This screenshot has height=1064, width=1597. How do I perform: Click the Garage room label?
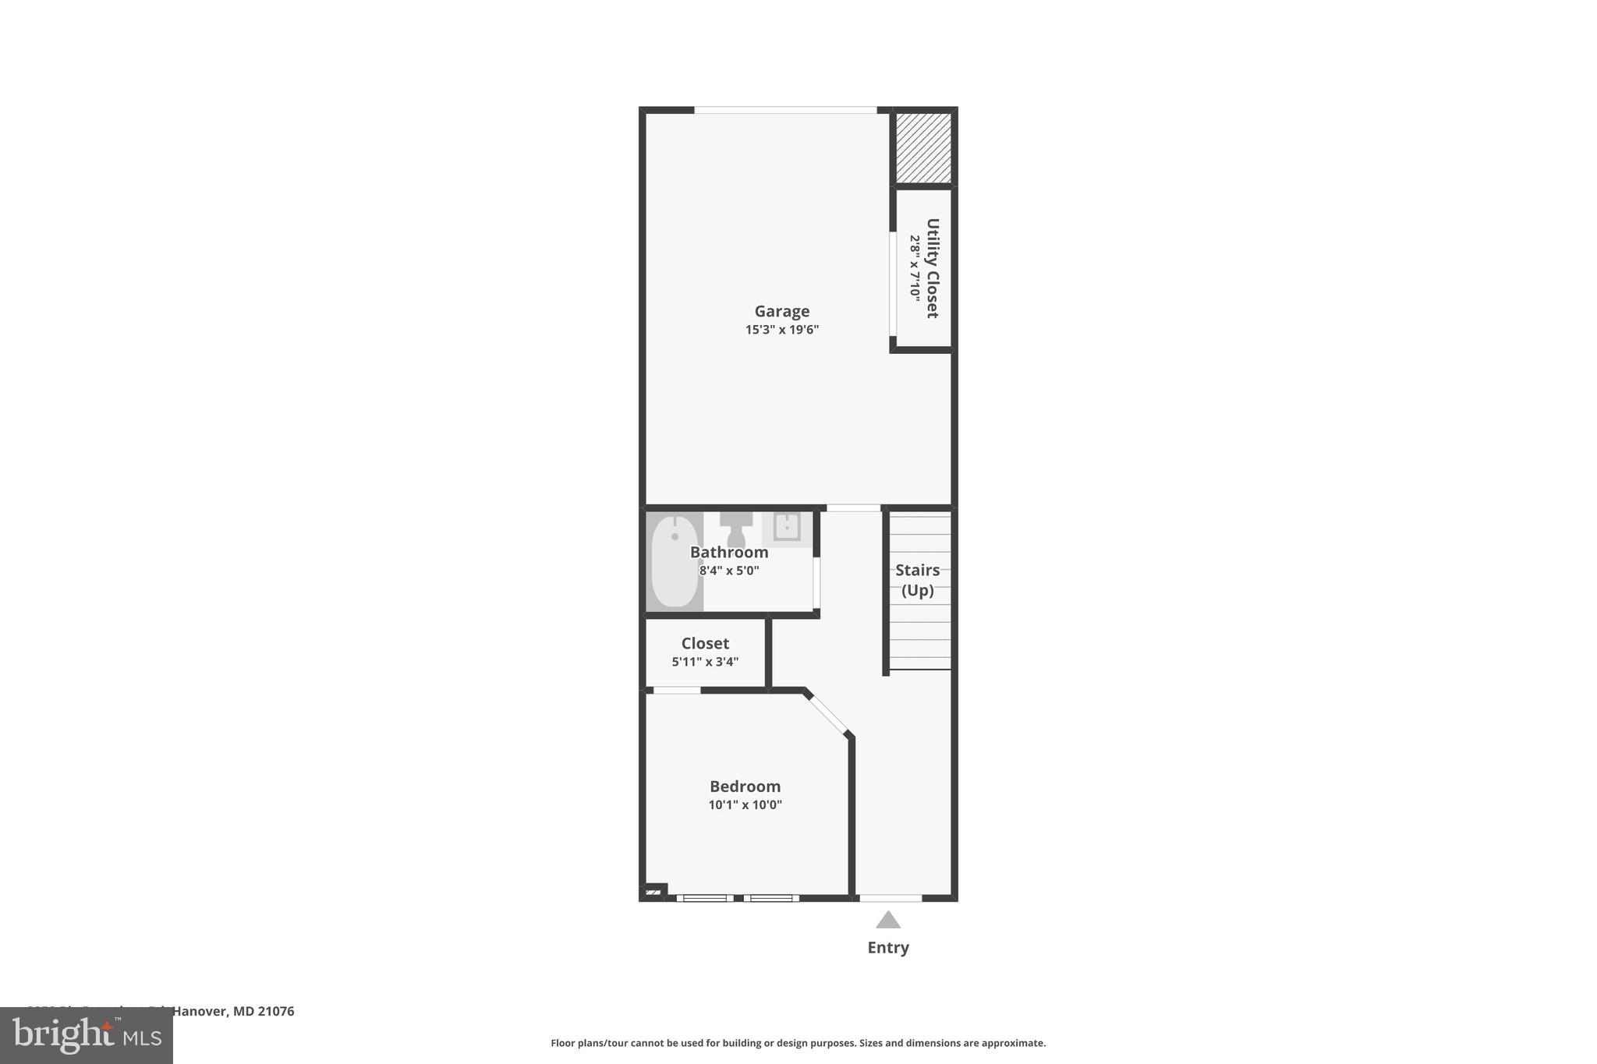pyautogui.click(x=781, y=312)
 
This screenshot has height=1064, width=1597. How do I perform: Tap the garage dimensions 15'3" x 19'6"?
pyautogui.click(x=781, y=330)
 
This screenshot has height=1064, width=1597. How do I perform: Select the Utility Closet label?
pyautogui.click(x=932, y=268)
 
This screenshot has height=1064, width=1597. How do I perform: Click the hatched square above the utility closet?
pyautogui.click(x=923, y=148)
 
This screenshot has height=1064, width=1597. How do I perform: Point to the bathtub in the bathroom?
pyautogui.click(x=675, y=561)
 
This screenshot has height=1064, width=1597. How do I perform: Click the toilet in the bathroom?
pyautogui.click(x=736, y=529)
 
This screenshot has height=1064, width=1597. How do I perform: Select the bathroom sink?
pyautogui.click(x=786, y=527)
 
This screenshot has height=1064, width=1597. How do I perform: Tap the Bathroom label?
pyautogui.click(x=729, y=553)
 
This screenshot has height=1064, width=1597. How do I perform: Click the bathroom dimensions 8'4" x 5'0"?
pyautogui.click(x=729, y=571)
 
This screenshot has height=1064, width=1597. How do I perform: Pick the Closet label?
pyautogui.click(x=705, y=644)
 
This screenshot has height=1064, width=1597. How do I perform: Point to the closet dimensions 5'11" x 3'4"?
pyautogui.click(x=705, y=662)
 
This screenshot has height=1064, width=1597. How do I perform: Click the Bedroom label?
pyautogui.click(x=745, y=787)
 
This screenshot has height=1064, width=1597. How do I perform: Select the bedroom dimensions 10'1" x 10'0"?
pyautogui.click(x=745, y=805)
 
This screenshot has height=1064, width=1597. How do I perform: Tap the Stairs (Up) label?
pyautogui.click(x=918, y=580)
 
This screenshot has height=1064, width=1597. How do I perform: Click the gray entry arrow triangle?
pyautogui.click(x=888, y=921)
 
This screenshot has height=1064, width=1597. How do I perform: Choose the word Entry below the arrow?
pyautogui.click(x=888, y=948)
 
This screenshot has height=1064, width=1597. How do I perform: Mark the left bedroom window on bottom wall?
pyautogui.click(x=704, y=898)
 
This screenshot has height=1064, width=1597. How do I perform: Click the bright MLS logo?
pyautogui.click(x=87, y=1035)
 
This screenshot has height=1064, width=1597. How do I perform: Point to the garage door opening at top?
pyautogui.click(x=785, y=110)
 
